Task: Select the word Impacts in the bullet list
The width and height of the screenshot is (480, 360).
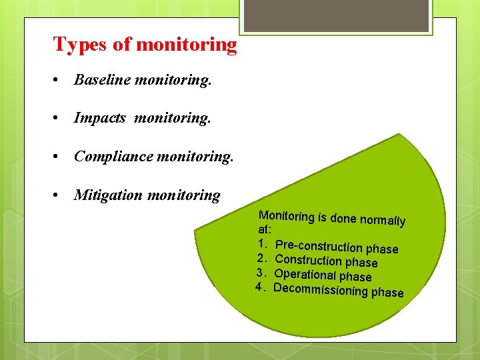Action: tap(100, 119)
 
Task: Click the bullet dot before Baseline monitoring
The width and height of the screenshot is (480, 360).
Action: tap(59, 81)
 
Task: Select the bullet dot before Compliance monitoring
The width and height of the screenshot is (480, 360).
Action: tap(59, 157)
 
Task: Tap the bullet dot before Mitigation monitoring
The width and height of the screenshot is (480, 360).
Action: tap(59, 196)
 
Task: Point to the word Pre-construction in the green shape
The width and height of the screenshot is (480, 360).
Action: tap(320, 246)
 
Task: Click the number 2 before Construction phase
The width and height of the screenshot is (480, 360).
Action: tap(261, 257)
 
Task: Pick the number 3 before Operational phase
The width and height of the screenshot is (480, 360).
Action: tap(261, 272)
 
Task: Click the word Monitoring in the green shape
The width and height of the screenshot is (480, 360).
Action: tap(286, 216)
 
